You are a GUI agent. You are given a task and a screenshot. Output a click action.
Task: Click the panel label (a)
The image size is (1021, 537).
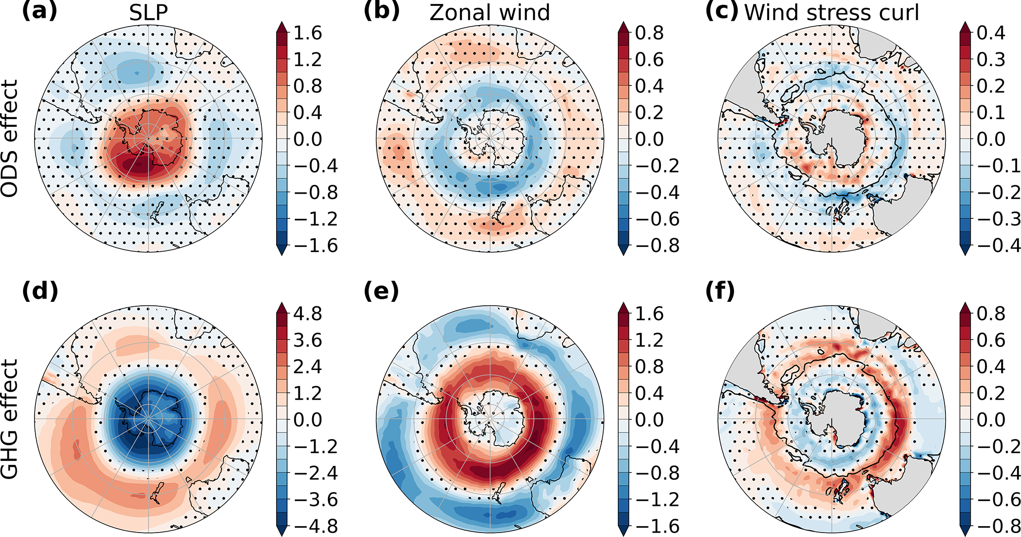[40, 11]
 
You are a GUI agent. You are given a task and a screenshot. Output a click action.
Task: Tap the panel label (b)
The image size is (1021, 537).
[381, 11]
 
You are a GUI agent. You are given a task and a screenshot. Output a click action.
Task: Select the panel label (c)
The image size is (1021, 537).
[722, 11]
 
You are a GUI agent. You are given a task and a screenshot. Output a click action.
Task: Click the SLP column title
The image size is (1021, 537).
[148, 12]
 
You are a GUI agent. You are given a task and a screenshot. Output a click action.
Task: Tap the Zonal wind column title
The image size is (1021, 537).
[490, 12]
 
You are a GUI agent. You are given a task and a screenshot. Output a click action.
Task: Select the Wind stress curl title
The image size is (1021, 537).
[832, 12]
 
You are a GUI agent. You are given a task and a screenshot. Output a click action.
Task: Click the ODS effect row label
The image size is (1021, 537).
[10, 138]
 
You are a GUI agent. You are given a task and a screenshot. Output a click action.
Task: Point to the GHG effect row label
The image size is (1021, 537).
[10, 419]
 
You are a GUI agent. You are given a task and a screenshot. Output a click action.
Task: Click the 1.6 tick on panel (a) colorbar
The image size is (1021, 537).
[307, 33]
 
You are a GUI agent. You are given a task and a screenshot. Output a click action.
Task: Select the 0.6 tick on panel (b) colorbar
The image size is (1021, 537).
[649, 60]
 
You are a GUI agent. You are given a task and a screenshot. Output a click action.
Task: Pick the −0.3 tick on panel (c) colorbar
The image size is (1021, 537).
[998, 219]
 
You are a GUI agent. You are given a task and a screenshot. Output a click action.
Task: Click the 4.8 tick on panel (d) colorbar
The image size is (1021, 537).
[307, 314]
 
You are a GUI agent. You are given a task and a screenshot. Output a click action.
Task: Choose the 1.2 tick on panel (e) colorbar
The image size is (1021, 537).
[649, 340]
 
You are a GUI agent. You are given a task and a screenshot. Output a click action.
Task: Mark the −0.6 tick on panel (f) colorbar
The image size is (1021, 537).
[998, 499]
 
